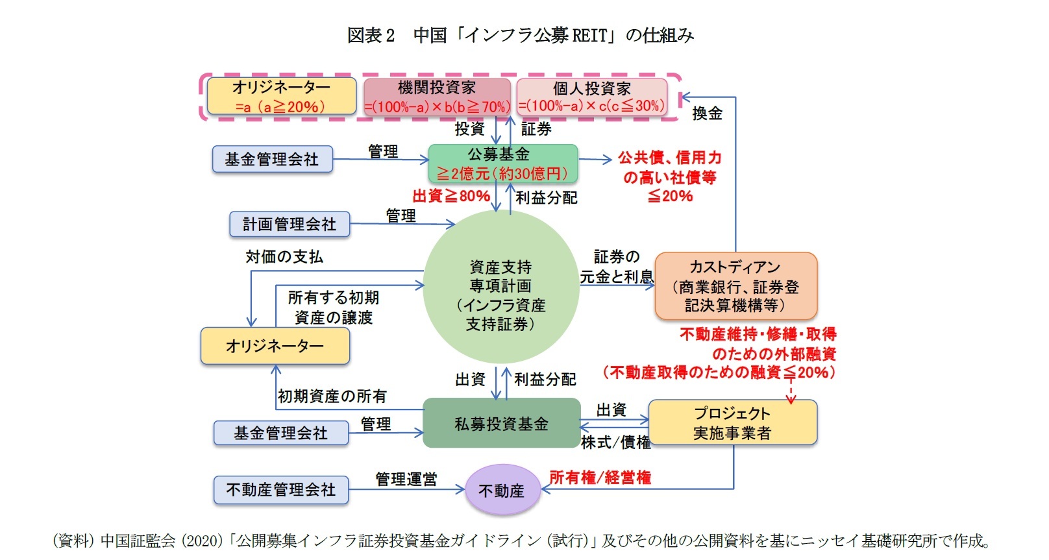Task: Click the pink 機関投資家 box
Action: [x=437, y=97]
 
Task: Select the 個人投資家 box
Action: [x=592, y=97]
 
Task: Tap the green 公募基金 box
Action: [x=502, y=164]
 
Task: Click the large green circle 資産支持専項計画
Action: [x=500, y=287]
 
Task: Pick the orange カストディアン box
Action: [x=735, y=286]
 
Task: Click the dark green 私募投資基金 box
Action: [x=501, y=423]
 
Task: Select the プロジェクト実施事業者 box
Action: [x=732, y=422]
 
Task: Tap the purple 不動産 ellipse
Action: [x=502, y=491]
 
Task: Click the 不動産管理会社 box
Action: [x=280, y=490]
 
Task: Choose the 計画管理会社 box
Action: [x=290, y=225]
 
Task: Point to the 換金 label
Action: [x=707, y=114]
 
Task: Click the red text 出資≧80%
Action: [x=451, y=196]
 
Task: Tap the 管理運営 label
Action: [x=406, y=479]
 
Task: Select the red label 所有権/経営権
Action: [x=600, y=478]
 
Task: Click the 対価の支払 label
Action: [x=284, y=257]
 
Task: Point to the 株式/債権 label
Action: [x=615, y=443]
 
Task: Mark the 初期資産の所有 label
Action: [x=332, y=396]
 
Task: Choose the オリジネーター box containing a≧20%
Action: [x=281, y=96]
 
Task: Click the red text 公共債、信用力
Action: [x=669, y=158]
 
